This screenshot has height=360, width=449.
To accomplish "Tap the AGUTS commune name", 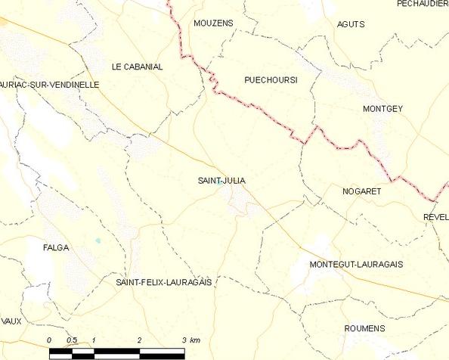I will click(x=351, y=23).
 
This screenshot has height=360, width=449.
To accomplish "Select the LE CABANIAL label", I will click(x=137, y=67).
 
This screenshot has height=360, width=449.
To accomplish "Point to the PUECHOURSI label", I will click(x=270, y=79).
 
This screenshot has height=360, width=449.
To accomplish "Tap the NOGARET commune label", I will click(x=361, y=191).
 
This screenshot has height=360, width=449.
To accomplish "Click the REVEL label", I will click(x=436, y=216).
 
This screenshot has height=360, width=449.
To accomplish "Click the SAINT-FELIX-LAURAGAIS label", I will click(x=163, y=282).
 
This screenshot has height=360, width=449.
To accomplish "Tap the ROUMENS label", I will click(x=364, y=328).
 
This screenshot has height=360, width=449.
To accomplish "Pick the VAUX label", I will click(x=11, y=321).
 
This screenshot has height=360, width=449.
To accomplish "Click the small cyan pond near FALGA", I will click(x=97, y=241).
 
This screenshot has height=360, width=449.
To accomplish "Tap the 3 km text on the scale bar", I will click(x=190, y=340).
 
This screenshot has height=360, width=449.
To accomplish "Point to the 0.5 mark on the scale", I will click(x=71, y=340).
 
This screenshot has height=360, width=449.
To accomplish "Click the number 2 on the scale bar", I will click(x=140, y=340).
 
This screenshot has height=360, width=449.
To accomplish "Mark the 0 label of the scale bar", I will click(x=49, y=340).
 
